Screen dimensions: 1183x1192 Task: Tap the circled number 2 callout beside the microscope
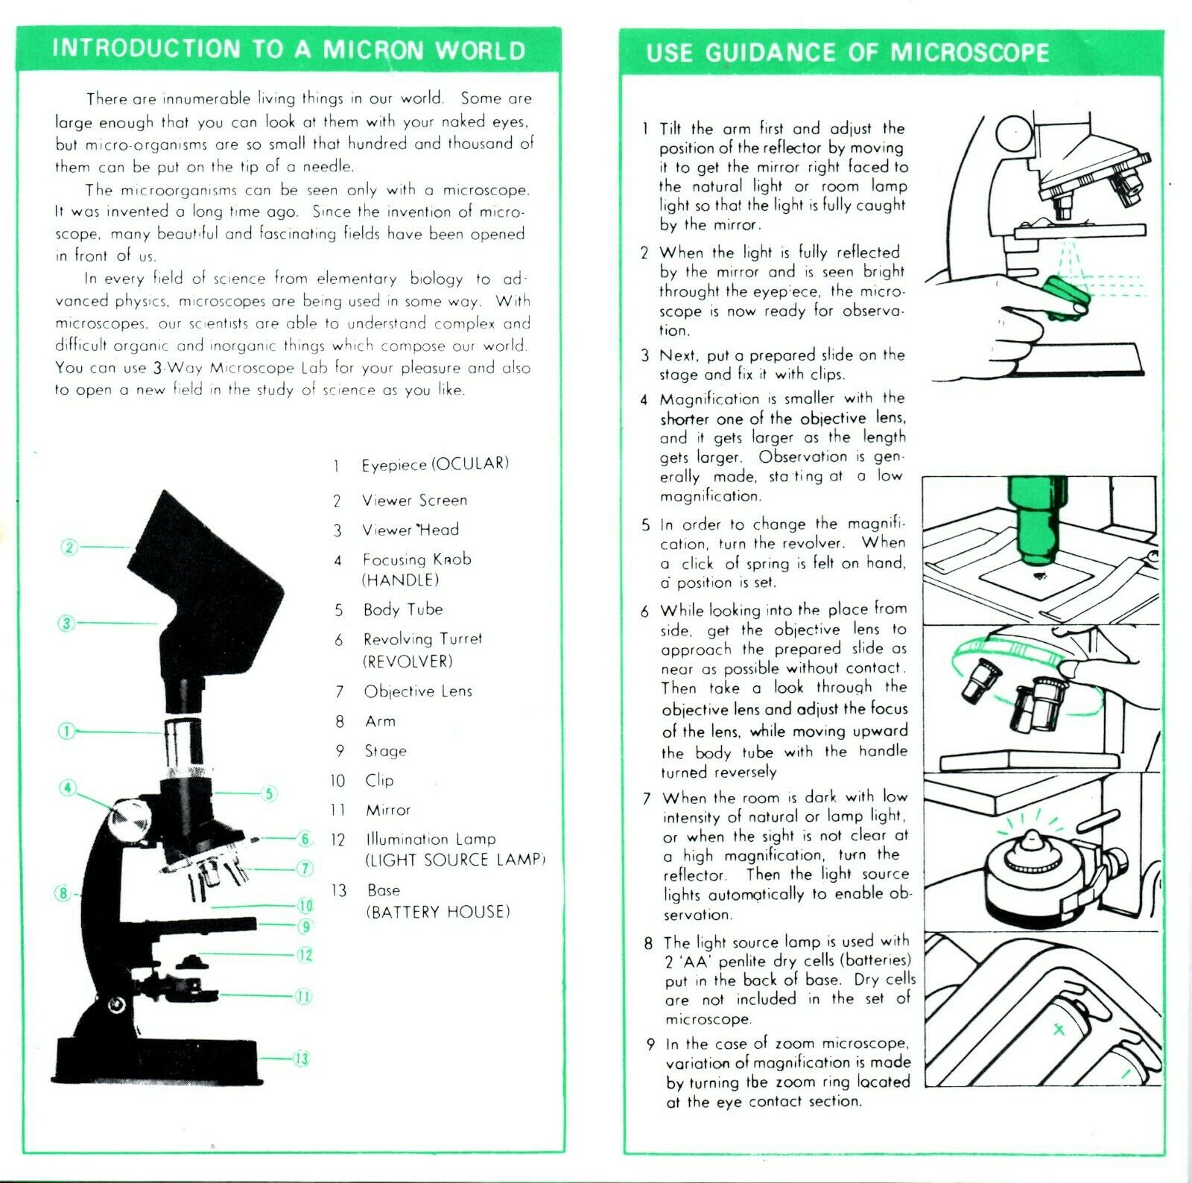(69, 548)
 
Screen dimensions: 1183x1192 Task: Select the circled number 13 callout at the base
(301, 1059)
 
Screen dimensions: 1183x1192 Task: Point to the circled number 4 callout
(69, 787)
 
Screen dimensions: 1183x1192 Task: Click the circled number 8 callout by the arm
(63, 892)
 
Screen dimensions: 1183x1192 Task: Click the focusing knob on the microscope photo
(131, 819)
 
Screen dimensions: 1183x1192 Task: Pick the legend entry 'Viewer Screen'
(414, 501)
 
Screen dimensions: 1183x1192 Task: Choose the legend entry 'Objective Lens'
(418, 691)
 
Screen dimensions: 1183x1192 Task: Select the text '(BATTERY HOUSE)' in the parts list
(437, 912)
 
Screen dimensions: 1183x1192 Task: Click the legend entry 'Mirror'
(387, 810)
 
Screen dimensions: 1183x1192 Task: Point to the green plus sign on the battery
(1058, 1030)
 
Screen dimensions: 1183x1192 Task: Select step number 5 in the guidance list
(645, 524)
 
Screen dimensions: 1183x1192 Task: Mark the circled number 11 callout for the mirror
(303, 996)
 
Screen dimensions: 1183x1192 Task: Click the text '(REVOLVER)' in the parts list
(408, 662)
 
